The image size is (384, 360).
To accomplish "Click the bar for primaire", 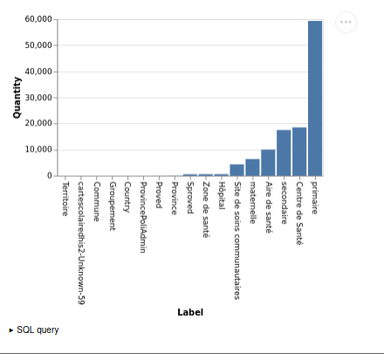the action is tap(315, 98).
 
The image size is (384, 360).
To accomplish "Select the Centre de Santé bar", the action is tap(299, 152).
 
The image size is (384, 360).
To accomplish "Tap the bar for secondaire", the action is tap(284, 153).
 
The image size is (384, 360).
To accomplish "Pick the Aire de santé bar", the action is tap(268, 163).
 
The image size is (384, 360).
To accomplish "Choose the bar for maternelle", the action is tap(252, 167).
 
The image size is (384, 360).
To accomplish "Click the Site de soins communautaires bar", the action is tap(237, 170).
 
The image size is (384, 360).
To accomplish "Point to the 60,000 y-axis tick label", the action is tap(38, 19).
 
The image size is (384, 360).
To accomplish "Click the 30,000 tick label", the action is tap(38, 98).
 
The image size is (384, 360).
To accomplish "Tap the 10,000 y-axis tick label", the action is tap(38, 150).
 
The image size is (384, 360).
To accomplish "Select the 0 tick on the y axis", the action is tap(50, 176).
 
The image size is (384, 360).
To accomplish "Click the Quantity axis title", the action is tap(17, 98).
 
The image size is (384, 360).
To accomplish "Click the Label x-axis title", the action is tap(190, 312).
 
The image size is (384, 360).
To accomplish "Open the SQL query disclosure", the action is tap(34, 330).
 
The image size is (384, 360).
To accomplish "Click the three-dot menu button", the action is tap(346, 22).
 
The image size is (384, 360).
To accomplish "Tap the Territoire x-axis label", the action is tap(65, 199).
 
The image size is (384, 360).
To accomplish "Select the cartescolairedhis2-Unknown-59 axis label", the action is tap(81, 243).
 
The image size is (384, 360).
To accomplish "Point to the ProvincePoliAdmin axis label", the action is tap(143, 217).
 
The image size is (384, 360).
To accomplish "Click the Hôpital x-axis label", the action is tap(222, 195).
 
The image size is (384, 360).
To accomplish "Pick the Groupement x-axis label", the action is tap(113, 207).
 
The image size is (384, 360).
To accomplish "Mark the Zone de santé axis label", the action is tap(206, 210).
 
